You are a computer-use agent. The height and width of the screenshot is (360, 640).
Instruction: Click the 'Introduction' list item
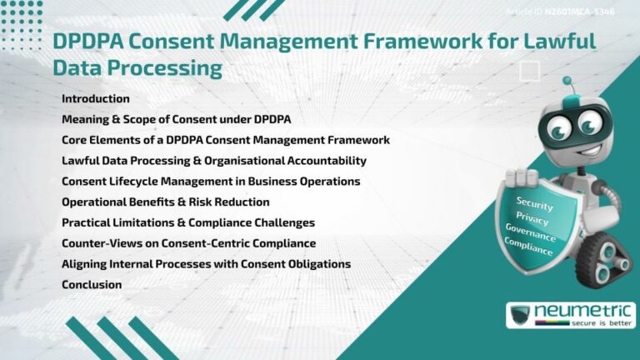point(95,99)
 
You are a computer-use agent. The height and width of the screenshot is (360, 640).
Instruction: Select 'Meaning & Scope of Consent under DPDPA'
point(176,120)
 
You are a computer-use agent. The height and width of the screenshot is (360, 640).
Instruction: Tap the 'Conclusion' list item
point(92,285)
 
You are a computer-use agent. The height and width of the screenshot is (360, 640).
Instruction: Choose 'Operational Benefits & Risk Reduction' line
point(165,202)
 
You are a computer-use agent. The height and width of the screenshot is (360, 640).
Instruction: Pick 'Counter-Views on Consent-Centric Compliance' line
point(188,243)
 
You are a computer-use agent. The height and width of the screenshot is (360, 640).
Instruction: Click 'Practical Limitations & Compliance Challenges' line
point(187,222)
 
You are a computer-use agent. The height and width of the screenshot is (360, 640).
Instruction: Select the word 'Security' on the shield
point(534,203)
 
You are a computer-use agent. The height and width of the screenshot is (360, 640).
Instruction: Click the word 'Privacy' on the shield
point(532,219)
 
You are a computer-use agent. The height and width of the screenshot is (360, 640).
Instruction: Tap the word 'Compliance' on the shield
point(527,247)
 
